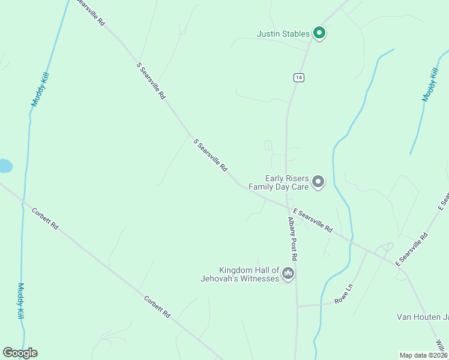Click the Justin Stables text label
(x=284, y=34)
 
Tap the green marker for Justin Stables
(x=319, y=33)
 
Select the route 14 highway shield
(x=299, y=77)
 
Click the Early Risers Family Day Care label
(x=287, y=182)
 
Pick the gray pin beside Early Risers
(x=319, y=181)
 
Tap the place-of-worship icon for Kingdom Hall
(x=289, y=274)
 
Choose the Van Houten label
(x=422, y=317)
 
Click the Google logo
(x=20, y=353)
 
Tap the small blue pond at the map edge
(x=4, y=166)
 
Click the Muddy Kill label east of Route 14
(x=430, y=84)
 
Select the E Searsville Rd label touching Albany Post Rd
(x=312, y=220)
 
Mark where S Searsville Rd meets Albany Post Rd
(x=286, y=206)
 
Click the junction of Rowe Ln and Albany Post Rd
(x=297, y=305)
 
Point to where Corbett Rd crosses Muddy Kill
(x=23, y=201)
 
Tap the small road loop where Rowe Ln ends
(x=385, y=247)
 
